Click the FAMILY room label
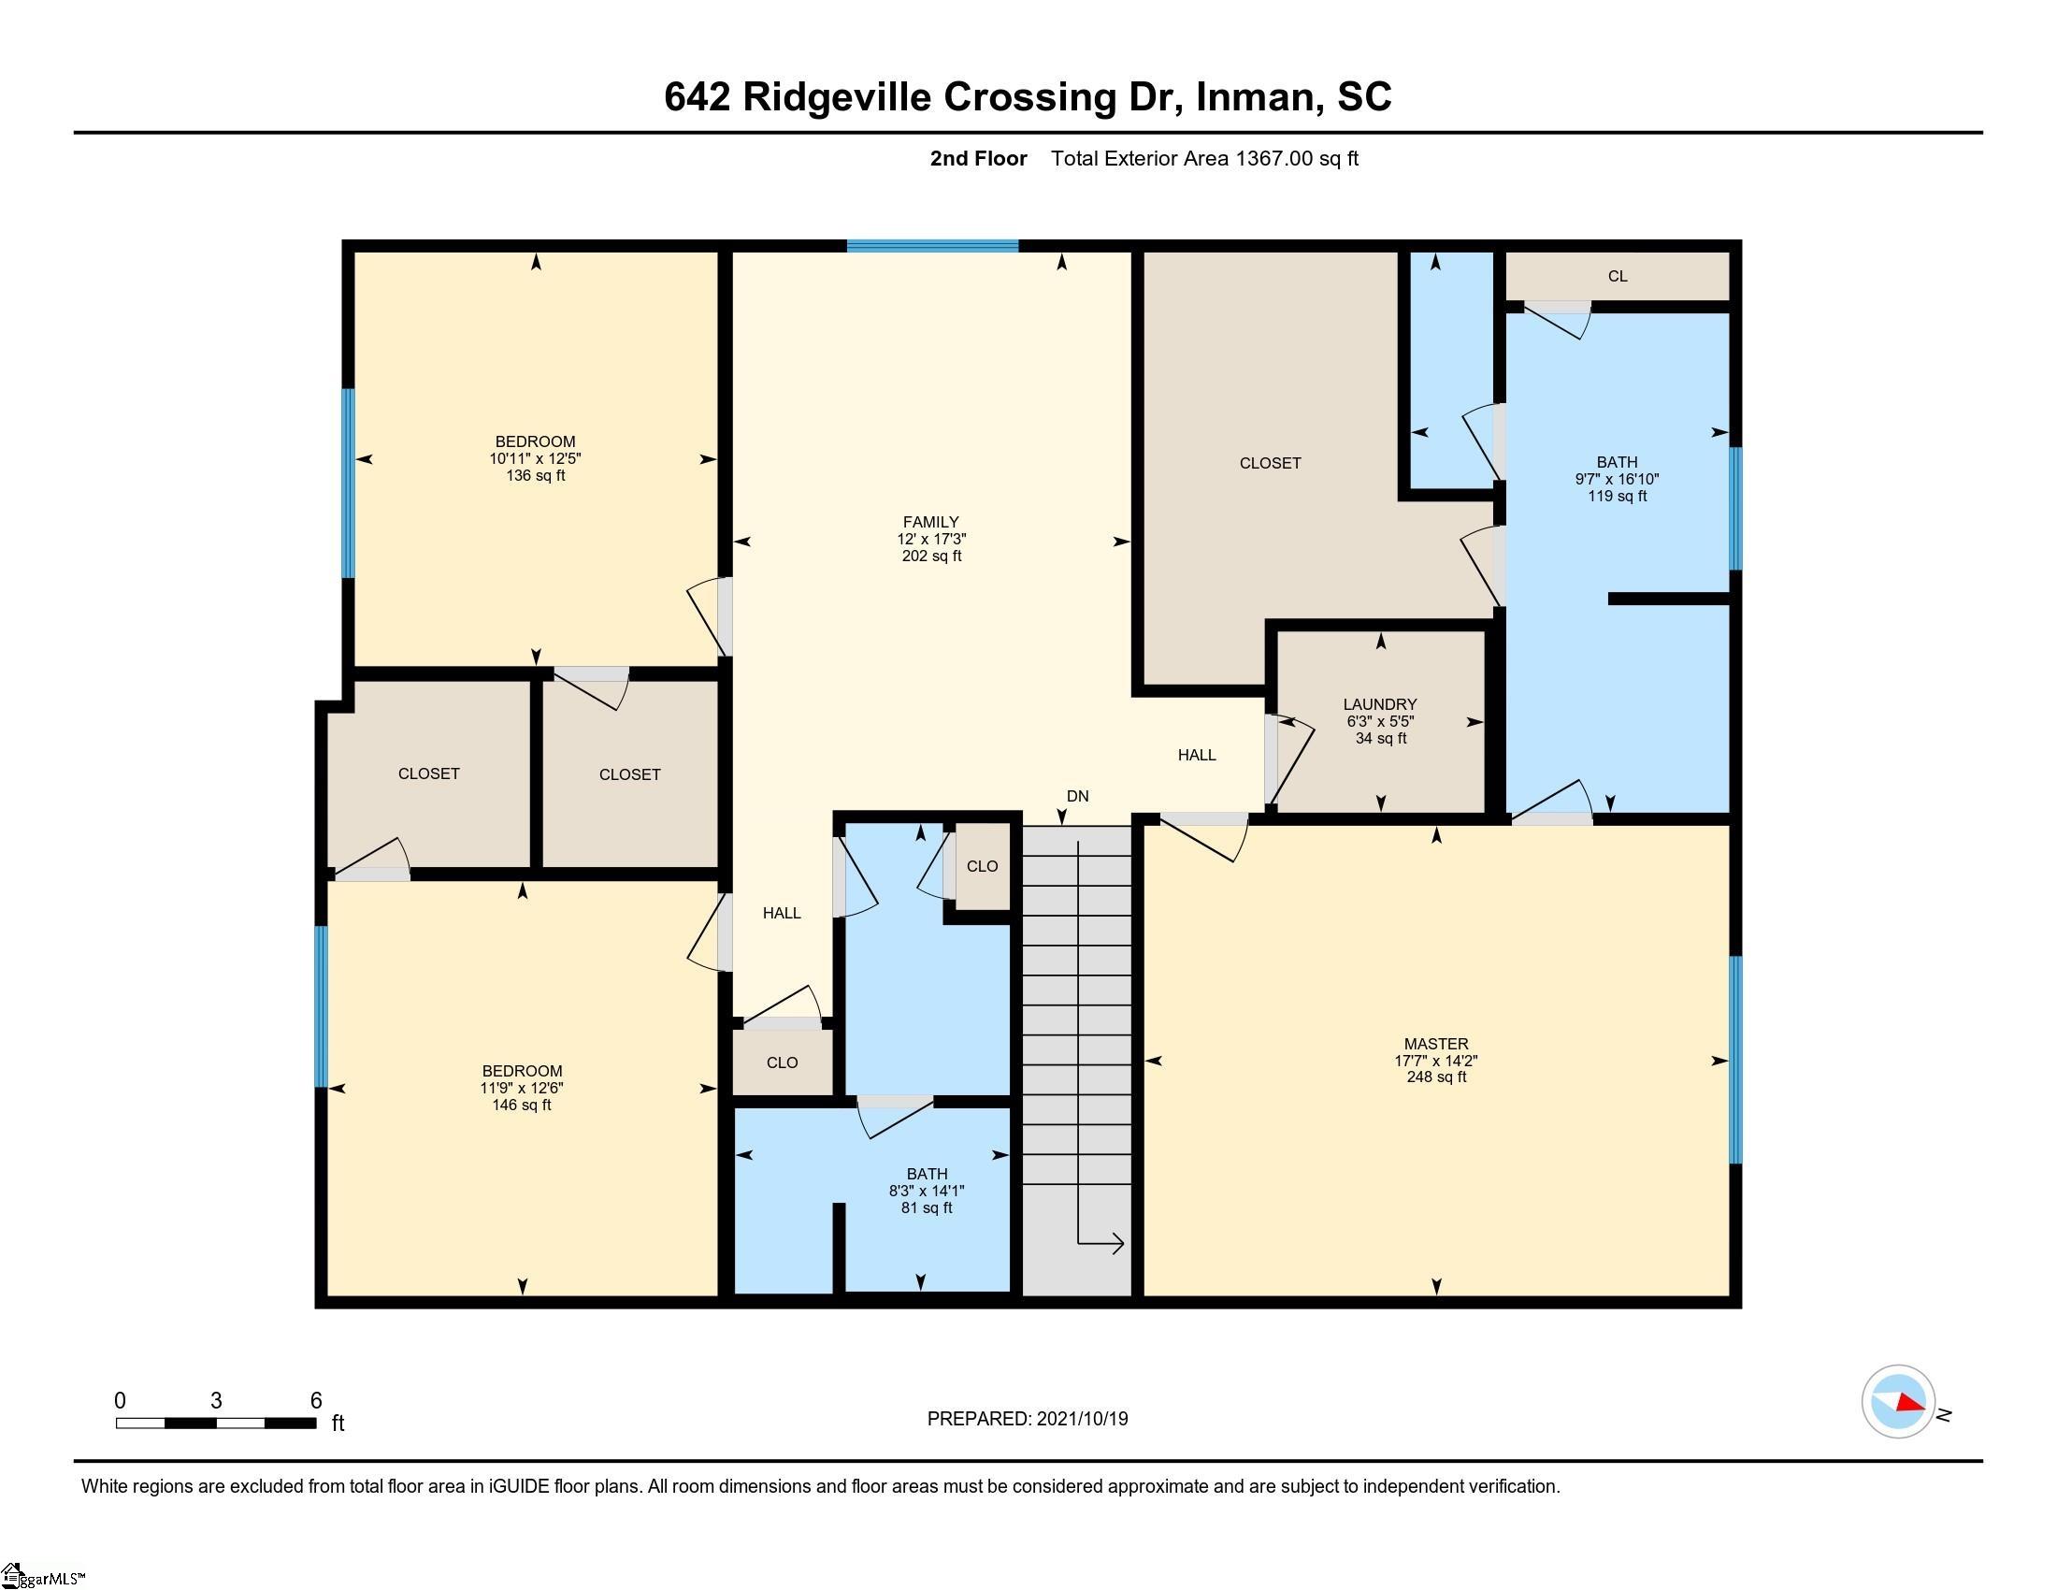point(930,522)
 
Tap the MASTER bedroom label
point(1435,1044)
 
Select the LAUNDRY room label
point(1380,704)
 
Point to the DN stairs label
point(1077,796)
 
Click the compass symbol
point(1898,1402)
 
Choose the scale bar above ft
point(216,1424)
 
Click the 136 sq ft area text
point(535,476)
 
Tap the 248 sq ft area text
point(1435,1077)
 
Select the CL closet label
point(1618,276)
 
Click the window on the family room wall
point(931,247)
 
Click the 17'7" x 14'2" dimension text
point(1435,1061)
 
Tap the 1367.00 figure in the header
point(1274,158)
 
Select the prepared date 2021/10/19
point(1081,1419)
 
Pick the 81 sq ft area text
point(927,1207)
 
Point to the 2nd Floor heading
point(979,158)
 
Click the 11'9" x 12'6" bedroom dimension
point(522,1088)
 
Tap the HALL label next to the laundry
point(1196,755)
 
